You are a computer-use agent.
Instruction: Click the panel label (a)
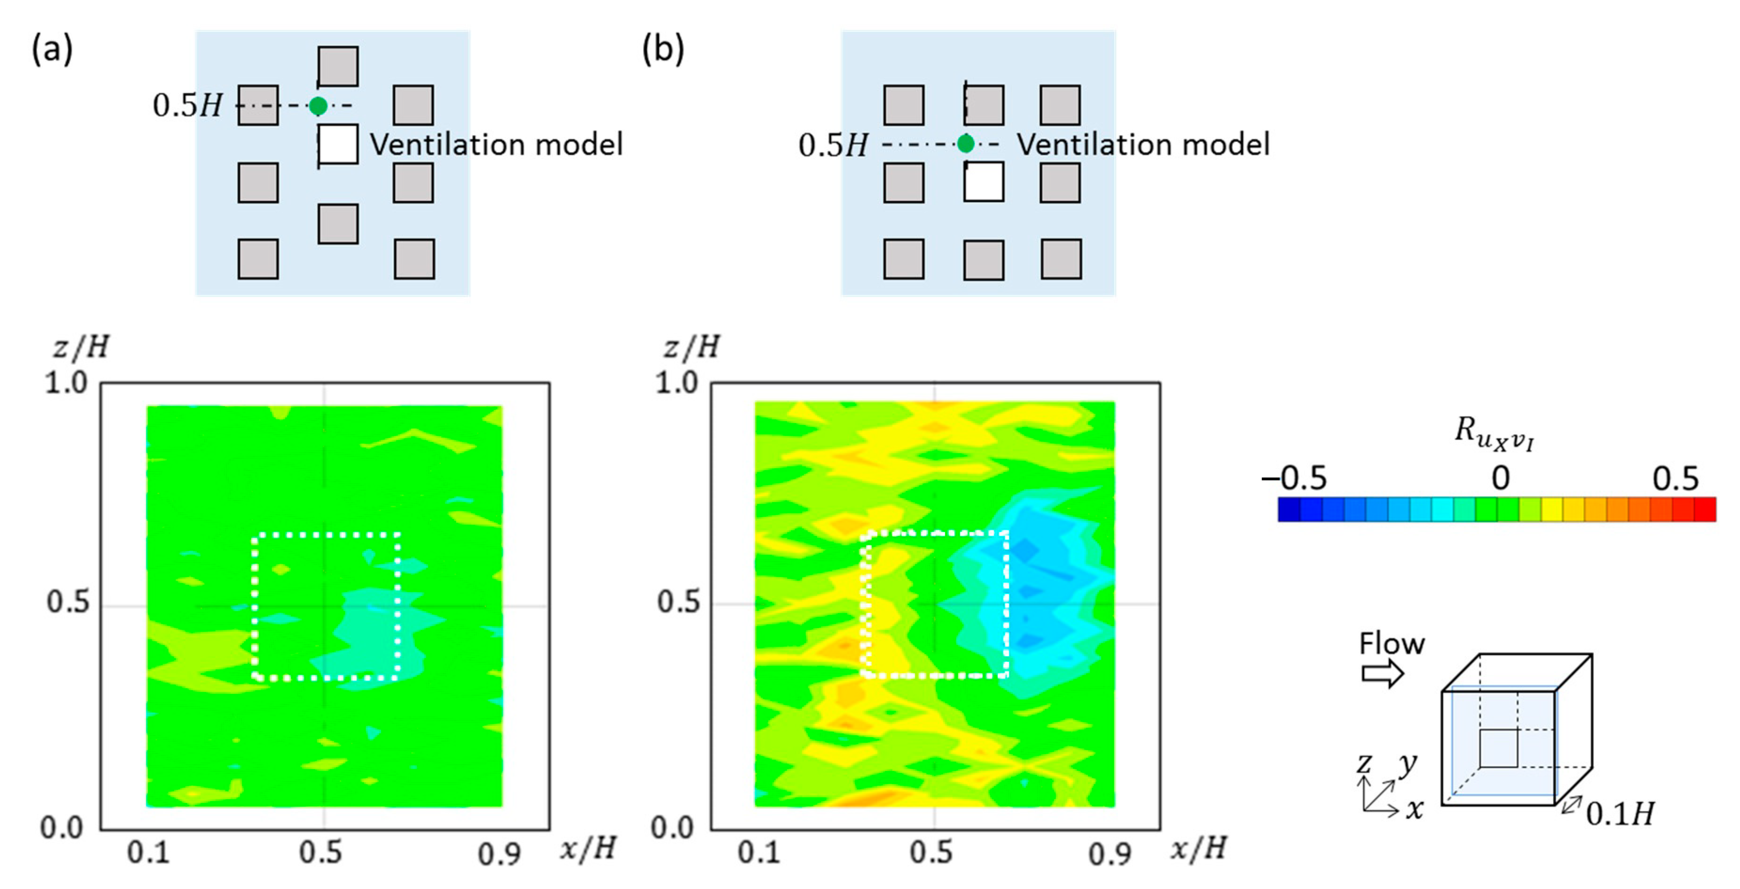point(52,49)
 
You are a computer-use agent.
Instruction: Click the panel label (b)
point(663,49)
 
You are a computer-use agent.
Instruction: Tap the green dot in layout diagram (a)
point(318,106)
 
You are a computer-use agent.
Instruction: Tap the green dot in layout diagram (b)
point(966,144)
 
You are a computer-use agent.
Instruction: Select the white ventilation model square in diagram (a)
point(338,145)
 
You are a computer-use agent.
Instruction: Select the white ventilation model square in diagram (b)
point(983,182)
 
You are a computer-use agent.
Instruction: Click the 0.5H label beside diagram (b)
point(833,145)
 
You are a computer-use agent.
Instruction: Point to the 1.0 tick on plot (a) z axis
point(66,384)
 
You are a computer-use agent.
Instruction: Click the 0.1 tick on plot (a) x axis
point(148,852)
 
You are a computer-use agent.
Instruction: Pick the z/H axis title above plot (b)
point(691,347)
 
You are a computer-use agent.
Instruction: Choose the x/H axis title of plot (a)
point(588,849)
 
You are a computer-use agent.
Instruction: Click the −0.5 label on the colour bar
point(1294,478)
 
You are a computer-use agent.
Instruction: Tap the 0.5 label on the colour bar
point(1675,478)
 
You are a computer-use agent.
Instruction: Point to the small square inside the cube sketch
point(1498,748)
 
